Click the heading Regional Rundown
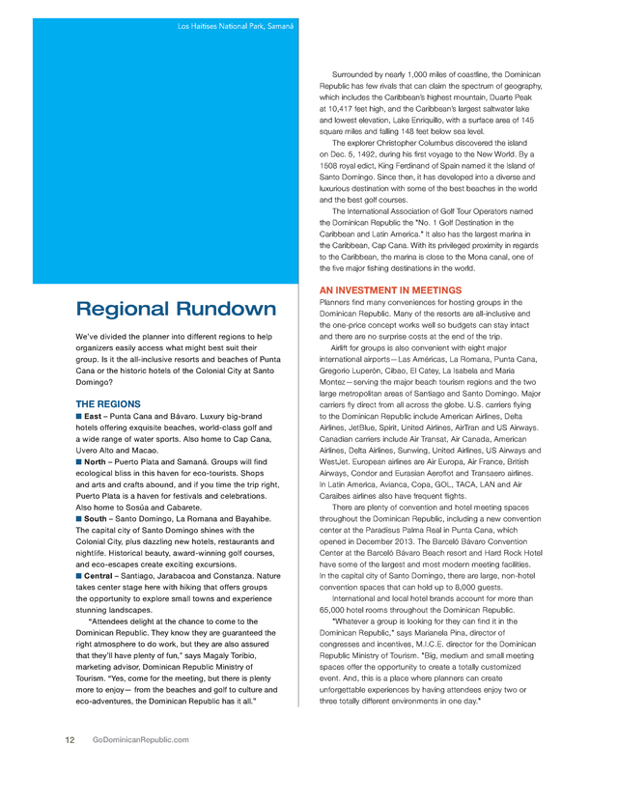click(176, 310)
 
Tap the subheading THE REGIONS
click(108, 403)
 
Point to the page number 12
click(70, 739)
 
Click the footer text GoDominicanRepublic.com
click(134, 739)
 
